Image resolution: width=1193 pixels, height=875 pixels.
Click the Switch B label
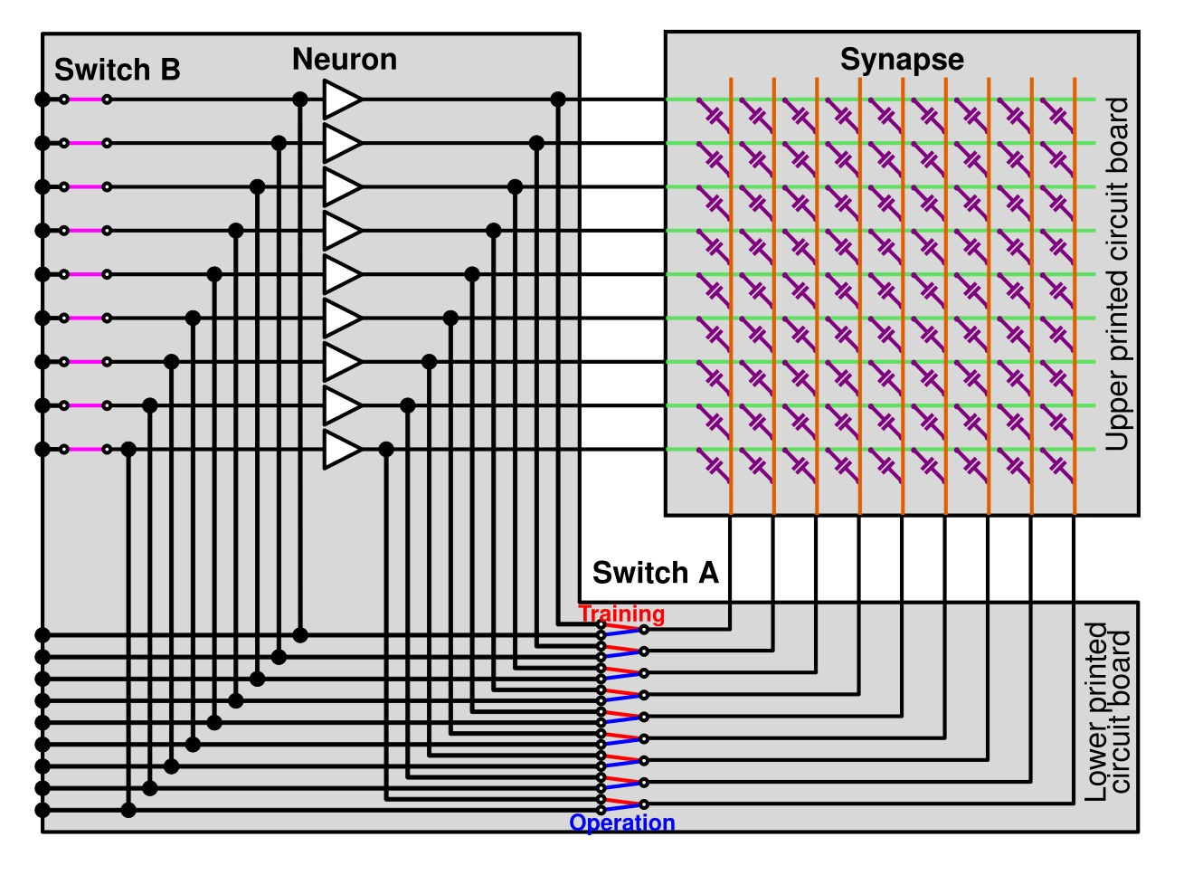(118, 70)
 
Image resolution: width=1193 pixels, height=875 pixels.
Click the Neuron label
(345, 59)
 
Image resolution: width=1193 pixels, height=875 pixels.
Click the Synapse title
(902, 61)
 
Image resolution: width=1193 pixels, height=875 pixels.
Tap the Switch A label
(656, 573)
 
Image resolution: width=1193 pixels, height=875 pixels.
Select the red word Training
(621, 613)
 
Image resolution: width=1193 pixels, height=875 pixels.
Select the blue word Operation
(622, 823)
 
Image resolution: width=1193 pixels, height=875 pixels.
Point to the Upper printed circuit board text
(1117, 274)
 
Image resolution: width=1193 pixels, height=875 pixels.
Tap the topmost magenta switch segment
(85, 100)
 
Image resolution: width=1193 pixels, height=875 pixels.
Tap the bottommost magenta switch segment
(85, 450)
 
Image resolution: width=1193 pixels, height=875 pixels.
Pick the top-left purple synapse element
(713, 116)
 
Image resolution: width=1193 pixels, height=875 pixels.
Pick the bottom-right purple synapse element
(1056, 466)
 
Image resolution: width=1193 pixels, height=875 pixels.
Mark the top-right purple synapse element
(1056, 116)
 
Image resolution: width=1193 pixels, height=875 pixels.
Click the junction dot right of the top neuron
(558, 100)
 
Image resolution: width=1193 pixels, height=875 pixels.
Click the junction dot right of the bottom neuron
(386, 450)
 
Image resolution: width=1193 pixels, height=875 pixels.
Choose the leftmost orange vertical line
(731, 296)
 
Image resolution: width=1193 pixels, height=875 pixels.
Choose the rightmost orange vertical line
(1075, 296)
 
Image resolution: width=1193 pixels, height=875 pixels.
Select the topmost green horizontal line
(880, 100)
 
